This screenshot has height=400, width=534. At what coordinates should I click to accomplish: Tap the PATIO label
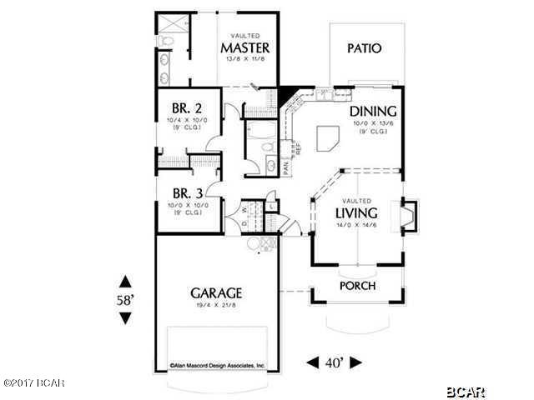365,48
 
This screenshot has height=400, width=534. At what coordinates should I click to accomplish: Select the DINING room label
372,112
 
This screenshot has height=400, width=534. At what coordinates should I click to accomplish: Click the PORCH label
357,286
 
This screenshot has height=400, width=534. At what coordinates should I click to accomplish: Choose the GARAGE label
216,293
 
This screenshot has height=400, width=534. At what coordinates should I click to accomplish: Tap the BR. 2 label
185,108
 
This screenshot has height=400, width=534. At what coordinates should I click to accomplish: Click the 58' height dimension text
125,300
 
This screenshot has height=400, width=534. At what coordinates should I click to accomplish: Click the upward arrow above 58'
125,281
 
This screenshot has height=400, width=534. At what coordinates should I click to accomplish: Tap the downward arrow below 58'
125,318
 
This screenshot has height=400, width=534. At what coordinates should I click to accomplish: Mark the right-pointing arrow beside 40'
356,362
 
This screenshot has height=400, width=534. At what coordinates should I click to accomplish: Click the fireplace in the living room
408,216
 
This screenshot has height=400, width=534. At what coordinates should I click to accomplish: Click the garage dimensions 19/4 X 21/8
216,307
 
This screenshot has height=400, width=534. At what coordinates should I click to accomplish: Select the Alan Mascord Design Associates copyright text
217,365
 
